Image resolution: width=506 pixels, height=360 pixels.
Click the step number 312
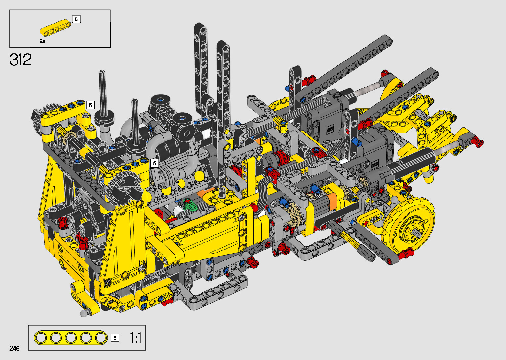pyautogui.click(x=20, y=60)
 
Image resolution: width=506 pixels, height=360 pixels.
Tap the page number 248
pyautogui.click(x=15, y=348)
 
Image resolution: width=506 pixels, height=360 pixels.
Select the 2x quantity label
pyautogui.click(x=42, y=41)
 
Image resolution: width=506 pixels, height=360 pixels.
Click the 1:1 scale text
pyautogui.click(x=136, y=338)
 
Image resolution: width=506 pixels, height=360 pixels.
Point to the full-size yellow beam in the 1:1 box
pyautogui.click(x=71, y=338)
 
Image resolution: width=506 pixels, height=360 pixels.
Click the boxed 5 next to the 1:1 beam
pyautogui.click(x=115, y=338)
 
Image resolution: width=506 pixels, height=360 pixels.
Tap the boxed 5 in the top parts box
pyautogui.click(x=76, y=19)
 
